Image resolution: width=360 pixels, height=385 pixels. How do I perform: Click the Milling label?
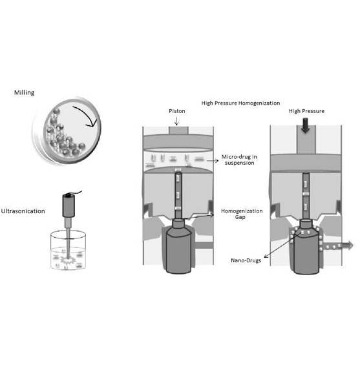point(24,93)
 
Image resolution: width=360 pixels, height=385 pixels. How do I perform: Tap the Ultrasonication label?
point(23,211)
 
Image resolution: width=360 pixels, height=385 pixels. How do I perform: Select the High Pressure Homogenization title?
point(240,103)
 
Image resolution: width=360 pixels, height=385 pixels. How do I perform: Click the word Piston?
point(177,111)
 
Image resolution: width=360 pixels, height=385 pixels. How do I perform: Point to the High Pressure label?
point(306,111)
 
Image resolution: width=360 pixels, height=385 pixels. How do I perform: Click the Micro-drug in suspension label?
point(239,160)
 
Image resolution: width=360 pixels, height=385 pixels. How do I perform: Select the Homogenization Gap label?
point(242,214)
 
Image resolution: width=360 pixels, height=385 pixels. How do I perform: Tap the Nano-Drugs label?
point(246,260)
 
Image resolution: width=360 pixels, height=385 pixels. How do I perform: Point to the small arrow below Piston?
point(176,121)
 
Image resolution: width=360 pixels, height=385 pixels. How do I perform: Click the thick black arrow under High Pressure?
point(306,125)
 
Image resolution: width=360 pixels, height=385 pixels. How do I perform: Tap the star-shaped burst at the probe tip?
point(68,260)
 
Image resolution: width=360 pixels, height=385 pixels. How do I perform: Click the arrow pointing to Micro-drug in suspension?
point(212,161)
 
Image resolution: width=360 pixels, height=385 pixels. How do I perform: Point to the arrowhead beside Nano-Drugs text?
point(266,256)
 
